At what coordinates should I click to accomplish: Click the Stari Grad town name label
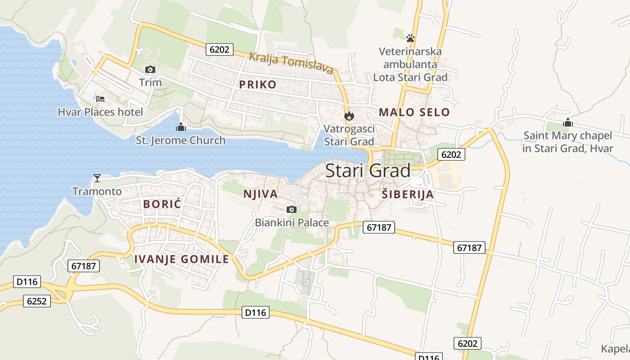(368, 171)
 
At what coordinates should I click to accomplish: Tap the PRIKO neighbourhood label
(257, 85)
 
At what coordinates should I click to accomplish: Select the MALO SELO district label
(414, 112)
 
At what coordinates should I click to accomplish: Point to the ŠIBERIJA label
(408, 194)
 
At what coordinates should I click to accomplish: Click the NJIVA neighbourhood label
(260, 194)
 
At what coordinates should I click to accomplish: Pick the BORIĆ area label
(162, 204)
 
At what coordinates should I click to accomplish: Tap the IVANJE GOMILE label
(182, 259)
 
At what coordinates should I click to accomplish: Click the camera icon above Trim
(150, 69)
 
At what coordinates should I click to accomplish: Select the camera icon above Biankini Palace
(292, 209)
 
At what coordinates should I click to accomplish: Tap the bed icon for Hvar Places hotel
(100, 99)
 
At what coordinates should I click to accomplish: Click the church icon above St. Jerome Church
(181, 127)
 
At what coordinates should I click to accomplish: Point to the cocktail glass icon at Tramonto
(97, 178)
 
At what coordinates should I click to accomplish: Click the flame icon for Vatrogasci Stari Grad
(349, 116)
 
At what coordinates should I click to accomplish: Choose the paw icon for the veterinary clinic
(410, 38)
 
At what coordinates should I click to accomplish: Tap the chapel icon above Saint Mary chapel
(567, 122)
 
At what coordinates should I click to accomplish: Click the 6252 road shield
(37, 301)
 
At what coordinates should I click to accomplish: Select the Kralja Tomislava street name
(292, 63)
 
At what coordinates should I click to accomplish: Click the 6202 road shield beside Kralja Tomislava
(220, 49)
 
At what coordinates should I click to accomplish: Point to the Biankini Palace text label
(292, 223)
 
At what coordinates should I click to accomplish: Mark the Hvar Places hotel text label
(100, 112)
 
